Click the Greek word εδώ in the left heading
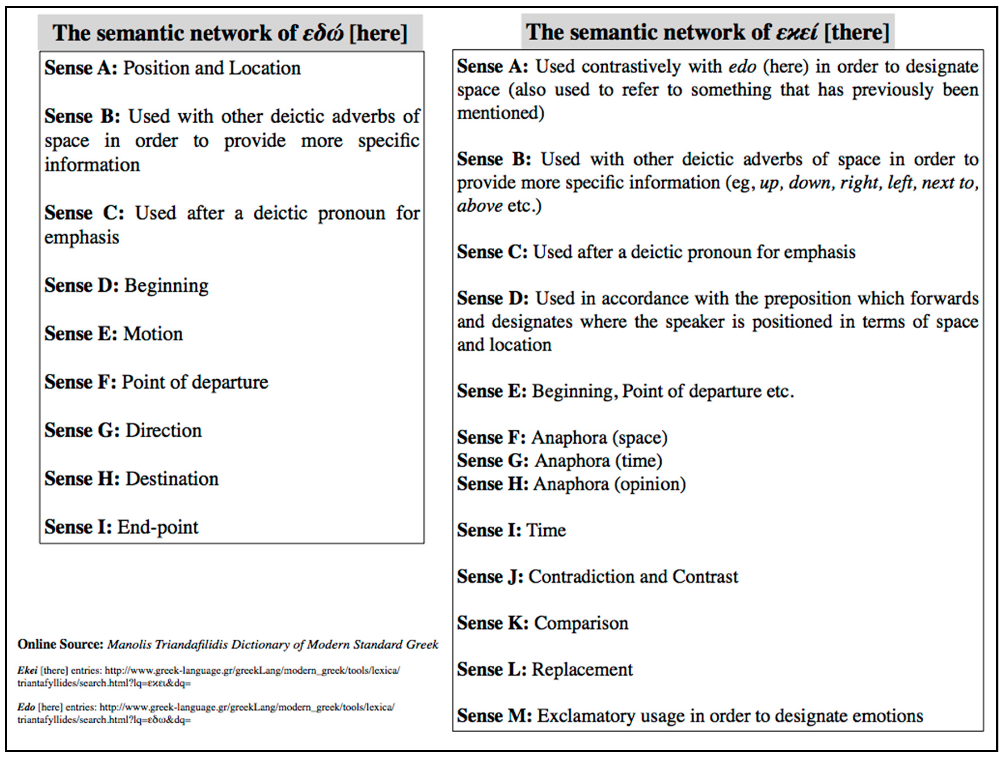point(323,33)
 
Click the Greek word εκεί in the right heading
point(797,32)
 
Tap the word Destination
point(172,479)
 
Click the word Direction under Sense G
point(164,431)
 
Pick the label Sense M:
point(494,716)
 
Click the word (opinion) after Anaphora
point(650,484)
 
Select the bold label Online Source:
point(61,645)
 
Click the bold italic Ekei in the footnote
point(27,670)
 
